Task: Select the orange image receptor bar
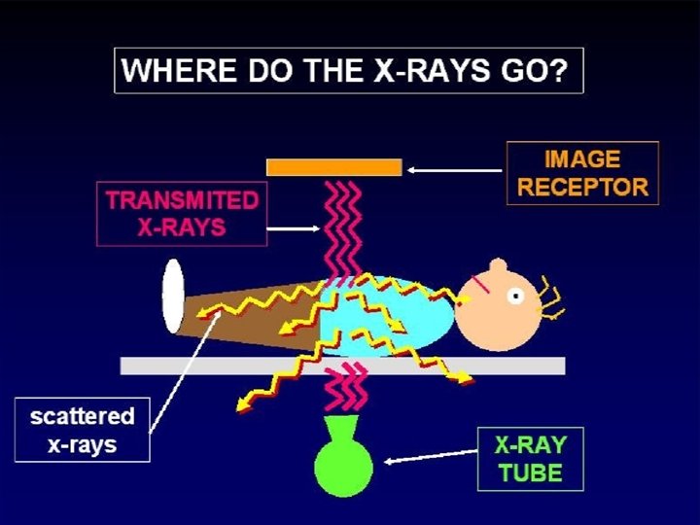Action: point(333,167)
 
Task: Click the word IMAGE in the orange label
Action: point(582,158)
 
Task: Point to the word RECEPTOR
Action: point(582,187)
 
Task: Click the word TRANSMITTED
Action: point(183,201)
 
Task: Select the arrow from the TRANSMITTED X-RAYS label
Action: point(292,229)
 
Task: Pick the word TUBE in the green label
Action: point(530,473)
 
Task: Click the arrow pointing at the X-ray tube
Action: point(428,456)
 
